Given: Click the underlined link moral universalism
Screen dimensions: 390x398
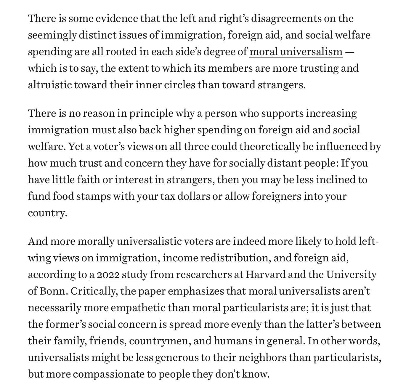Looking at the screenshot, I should tap(296, 52).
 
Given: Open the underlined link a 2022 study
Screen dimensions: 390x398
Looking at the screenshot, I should tap(118, 275).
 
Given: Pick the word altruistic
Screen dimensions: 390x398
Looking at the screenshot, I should tap(49, 85).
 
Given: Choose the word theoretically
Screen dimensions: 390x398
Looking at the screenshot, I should tap(270, 147).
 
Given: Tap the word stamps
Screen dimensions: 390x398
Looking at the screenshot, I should tap(93, 196).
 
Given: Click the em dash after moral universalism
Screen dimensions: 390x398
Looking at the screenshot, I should tap(349, 52).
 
